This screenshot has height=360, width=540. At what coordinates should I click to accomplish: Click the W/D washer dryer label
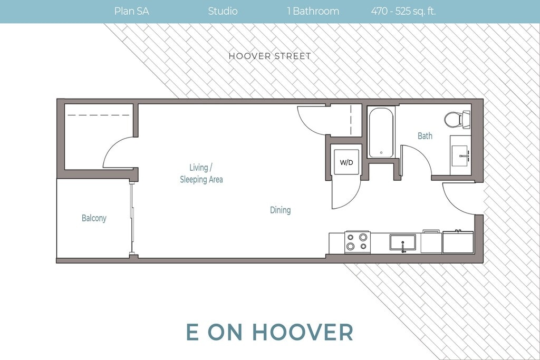coord(346,162)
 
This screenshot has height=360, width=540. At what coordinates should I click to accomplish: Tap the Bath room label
coord(425,136)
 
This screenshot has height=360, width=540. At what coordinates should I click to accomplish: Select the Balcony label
coord(94,218)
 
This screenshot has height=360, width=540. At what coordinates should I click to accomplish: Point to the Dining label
coord(281,210)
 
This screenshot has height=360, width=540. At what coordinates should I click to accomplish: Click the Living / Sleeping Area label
coord(201,173)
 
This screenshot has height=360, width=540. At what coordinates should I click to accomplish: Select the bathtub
coord(381,132)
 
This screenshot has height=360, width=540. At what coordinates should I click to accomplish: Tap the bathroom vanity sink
coord(461,155)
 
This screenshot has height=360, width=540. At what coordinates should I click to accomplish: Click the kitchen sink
coord(402,242)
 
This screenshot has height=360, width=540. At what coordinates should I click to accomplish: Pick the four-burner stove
coord(358,242)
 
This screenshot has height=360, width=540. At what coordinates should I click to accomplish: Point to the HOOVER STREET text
coord(270,56)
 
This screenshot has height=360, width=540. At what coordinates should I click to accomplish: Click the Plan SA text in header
coord(131,11)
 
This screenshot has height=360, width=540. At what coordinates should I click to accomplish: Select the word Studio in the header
coord(223,11)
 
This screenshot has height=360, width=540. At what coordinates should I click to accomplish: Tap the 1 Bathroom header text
coord(313,11)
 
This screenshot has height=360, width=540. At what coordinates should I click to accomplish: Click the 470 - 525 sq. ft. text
coord(403,11)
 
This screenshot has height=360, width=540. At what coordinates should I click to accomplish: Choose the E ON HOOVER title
coord(269,332)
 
